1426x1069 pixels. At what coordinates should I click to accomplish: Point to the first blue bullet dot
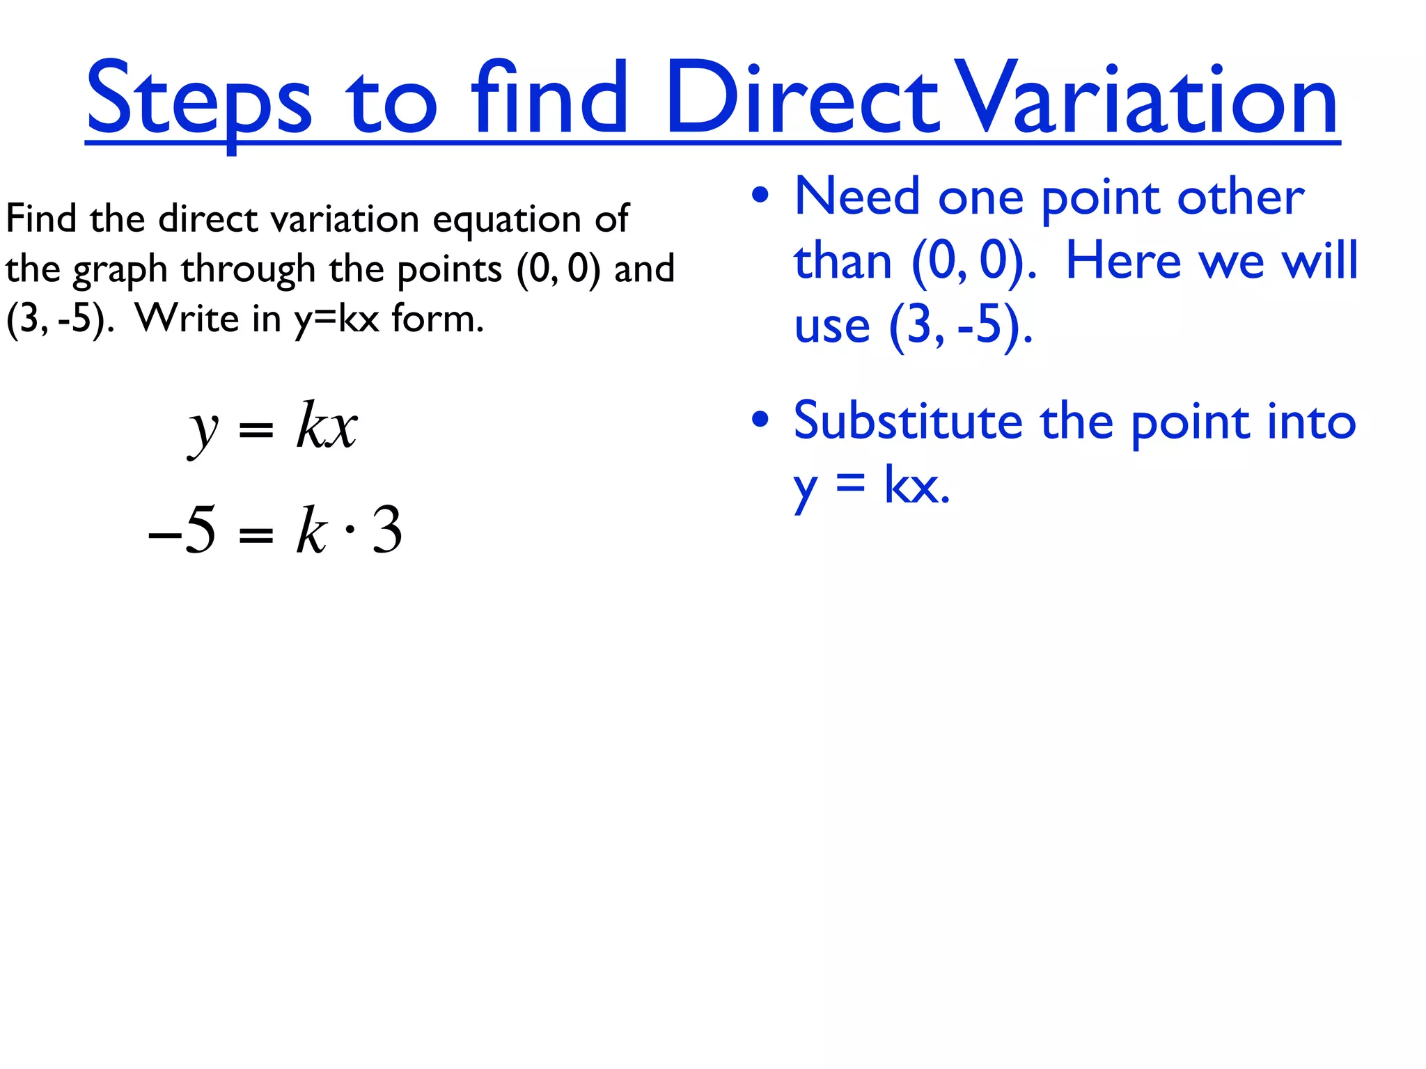click(x=760, y=196)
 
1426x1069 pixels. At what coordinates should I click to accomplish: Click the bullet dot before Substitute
click(x=760, y=420)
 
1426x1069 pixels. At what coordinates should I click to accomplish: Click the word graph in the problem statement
click(x=120, y=270)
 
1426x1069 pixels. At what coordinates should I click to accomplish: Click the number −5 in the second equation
click(x=182, y=530)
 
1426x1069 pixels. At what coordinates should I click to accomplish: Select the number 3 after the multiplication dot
click(x=387, y=530)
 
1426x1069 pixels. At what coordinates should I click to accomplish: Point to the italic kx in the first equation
click(x=327, y=426)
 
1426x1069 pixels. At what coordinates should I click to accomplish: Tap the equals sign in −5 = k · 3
click(x=256, y=534)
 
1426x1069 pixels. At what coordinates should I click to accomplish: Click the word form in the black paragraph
click(x=437, y=319)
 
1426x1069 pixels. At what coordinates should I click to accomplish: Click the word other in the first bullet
click(x=1240, y=197)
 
